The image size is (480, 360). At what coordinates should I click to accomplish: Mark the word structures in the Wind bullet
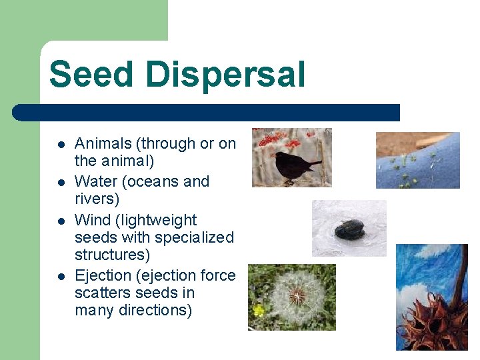tap(110, 255)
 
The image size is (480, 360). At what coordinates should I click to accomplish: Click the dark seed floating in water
tap(349, 229)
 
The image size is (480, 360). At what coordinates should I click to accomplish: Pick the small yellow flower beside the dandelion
tap(258, 310)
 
